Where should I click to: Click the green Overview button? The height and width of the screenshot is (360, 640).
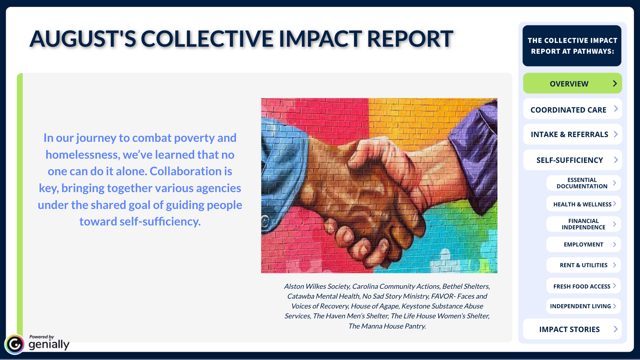[572, 83]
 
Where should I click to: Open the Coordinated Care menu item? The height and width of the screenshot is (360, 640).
[572, 109]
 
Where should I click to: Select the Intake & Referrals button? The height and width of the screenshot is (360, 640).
[572, 134]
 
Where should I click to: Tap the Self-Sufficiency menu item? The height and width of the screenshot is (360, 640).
[572, 160]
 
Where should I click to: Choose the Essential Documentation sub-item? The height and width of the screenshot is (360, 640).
[583, 183]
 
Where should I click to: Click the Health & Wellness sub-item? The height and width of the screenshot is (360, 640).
[583, 204]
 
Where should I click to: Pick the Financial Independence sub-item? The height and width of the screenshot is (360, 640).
[583, 224]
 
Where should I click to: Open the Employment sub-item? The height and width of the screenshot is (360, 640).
[583, 244]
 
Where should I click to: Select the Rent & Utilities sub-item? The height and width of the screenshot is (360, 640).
[583, 265]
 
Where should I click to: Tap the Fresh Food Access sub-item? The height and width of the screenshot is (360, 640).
[583, 286]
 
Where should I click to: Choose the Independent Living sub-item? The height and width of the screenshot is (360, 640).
[583, 306]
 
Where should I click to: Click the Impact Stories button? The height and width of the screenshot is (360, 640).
[572, 329]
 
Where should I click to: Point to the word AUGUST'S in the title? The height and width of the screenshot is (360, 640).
[83, 39]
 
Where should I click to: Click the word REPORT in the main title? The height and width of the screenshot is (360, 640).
[410, 39]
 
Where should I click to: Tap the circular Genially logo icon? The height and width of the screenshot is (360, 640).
[15, 344]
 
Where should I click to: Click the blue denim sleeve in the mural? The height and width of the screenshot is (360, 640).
[283, 173]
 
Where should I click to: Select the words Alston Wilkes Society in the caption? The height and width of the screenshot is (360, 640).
[317, 286]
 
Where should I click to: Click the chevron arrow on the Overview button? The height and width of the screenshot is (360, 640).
[615, 83]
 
